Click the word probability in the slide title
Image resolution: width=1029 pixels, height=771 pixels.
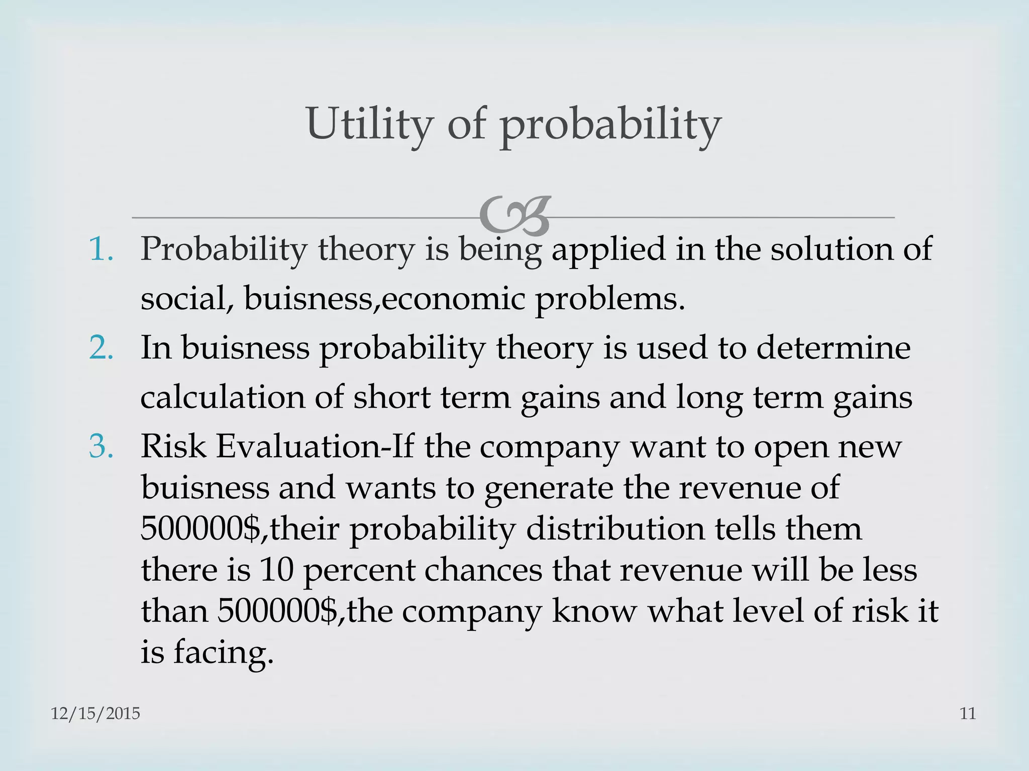click(610, 125)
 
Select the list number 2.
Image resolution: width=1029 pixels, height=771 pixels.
click(101, 347)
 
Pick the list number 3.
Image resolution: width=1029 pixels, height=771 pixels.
click(101, 446)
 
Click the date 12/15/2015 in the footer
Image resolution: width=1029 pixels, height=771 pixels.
click(95, 713)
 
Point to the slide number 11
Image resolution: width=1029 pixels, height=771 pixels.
click(968, 713)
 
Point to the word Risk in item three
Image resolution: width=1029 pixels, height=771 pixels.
click(173, 446)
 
